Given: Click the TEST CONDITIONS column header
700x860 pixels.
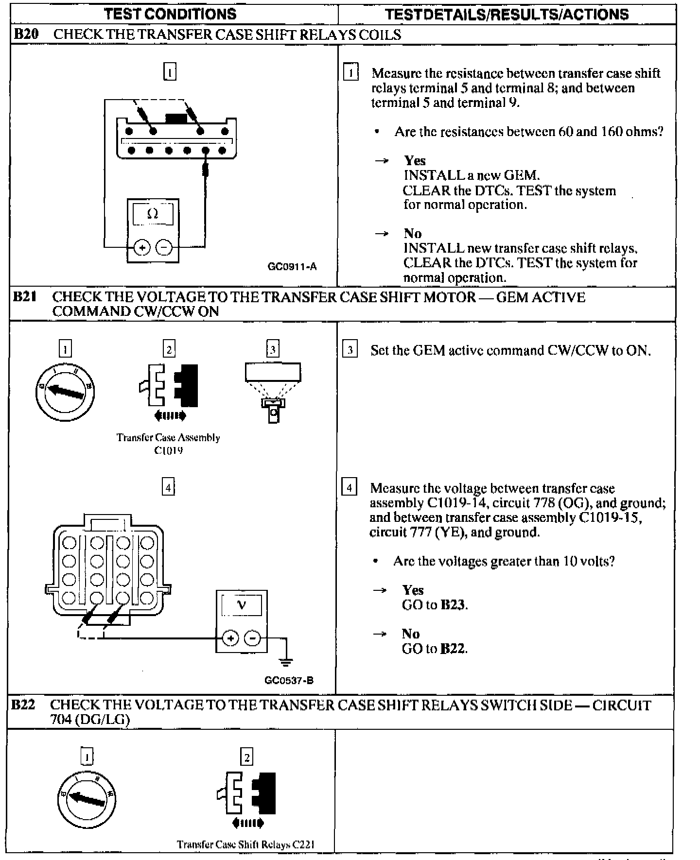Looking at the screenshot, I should click(x=170, y=14).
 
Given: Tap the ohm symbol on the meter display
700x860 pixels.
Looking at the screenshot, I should click(x=153, y=214).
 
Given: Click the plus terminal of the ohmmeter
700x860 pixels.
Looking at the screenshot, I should click(x=142, y=248).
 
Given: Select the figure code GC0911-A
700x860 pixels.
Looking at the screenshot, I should click(x=292, y=266).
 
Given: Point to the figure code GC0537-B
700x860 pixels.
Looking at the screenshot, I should click(x=289, y=680).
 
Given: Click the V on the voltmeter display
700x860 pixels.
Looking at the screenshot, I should click(x=242, y=605).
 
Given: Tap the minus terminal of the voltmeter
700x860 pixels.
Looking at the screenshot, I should click(x=252, y=638).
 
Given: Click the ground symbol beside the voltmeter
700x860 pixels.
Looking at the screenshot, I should click(x=286, y=661).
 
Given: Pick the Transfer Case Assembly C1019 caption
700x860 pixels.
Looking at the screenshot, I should click(x=168, y=444).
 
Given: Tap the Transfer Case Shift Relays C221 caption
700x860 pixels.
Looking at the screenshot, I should click(x=245, y=844).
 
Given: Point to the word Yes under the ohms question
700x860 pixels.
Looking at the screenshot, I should click(x=415, y=161).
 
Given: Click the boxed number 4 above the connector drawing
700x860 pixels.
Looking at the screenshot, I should click(x=168, y=487).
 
